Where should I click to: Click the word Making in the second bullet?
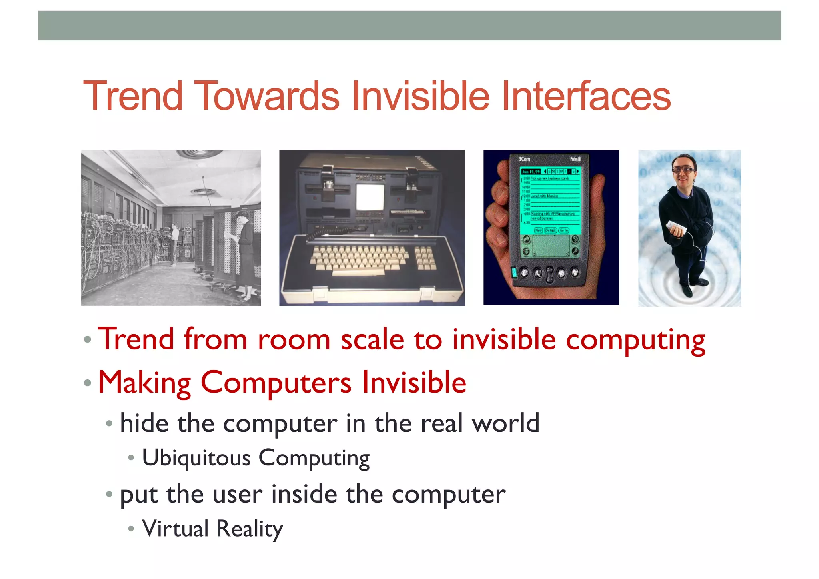(144, 383)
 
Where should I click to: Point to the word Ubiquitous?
(196, 457)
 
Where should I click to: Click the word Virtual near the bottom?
(175, 529)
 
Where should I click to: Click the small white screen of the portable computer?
(370, 197)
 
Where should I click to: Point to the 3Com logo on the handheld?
(524, 159)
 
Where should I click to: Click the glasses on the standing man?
(683, 170)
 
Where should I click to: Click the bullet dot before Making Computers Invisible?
(88, 383)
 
